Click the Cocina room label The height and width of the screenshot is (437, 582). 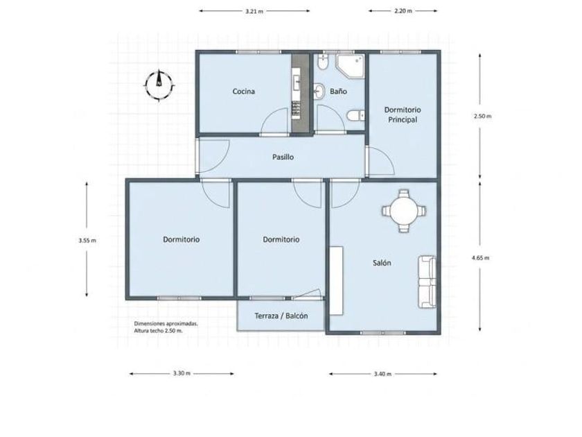(243, 92)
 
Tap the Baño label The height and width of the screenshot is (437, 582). (339, 91)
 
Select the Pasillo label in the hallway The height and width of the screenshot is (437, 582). (283, 157)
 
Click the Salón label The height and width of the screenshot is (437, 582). (382, 263)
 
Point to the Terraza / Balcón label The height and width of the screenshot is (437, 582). (281, 316)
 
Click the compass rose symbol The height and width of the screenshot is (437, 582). (159, 85)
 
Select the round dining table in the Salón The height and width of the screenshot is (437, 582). (404, 211)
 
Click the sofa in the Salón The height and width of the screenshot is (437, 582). (427, 282)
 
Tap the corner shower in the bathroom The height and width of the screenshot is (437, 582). (350, 66)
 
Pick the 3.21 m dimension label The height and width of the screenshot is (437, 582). (254, 11)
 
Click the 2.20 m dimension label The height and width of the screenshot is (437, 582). (403, 11)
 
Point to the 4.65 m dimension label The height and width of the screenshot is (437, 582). (480, 257)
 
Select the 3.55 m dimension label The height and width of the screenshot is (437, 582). (87, 241)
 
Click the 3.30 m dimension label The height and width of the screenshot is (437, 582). (182, 373)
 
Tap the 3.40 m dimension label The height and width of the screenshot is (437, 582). (382, 374)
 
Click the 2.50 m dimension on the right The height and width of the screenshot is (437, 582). (482, 116)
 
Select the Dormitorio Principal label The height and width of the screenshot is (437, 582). (403, 114)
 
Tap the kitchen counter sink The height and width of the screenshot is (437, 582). (297, 83)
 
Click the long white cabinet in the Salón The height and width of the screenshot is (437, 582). (336, 281)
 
